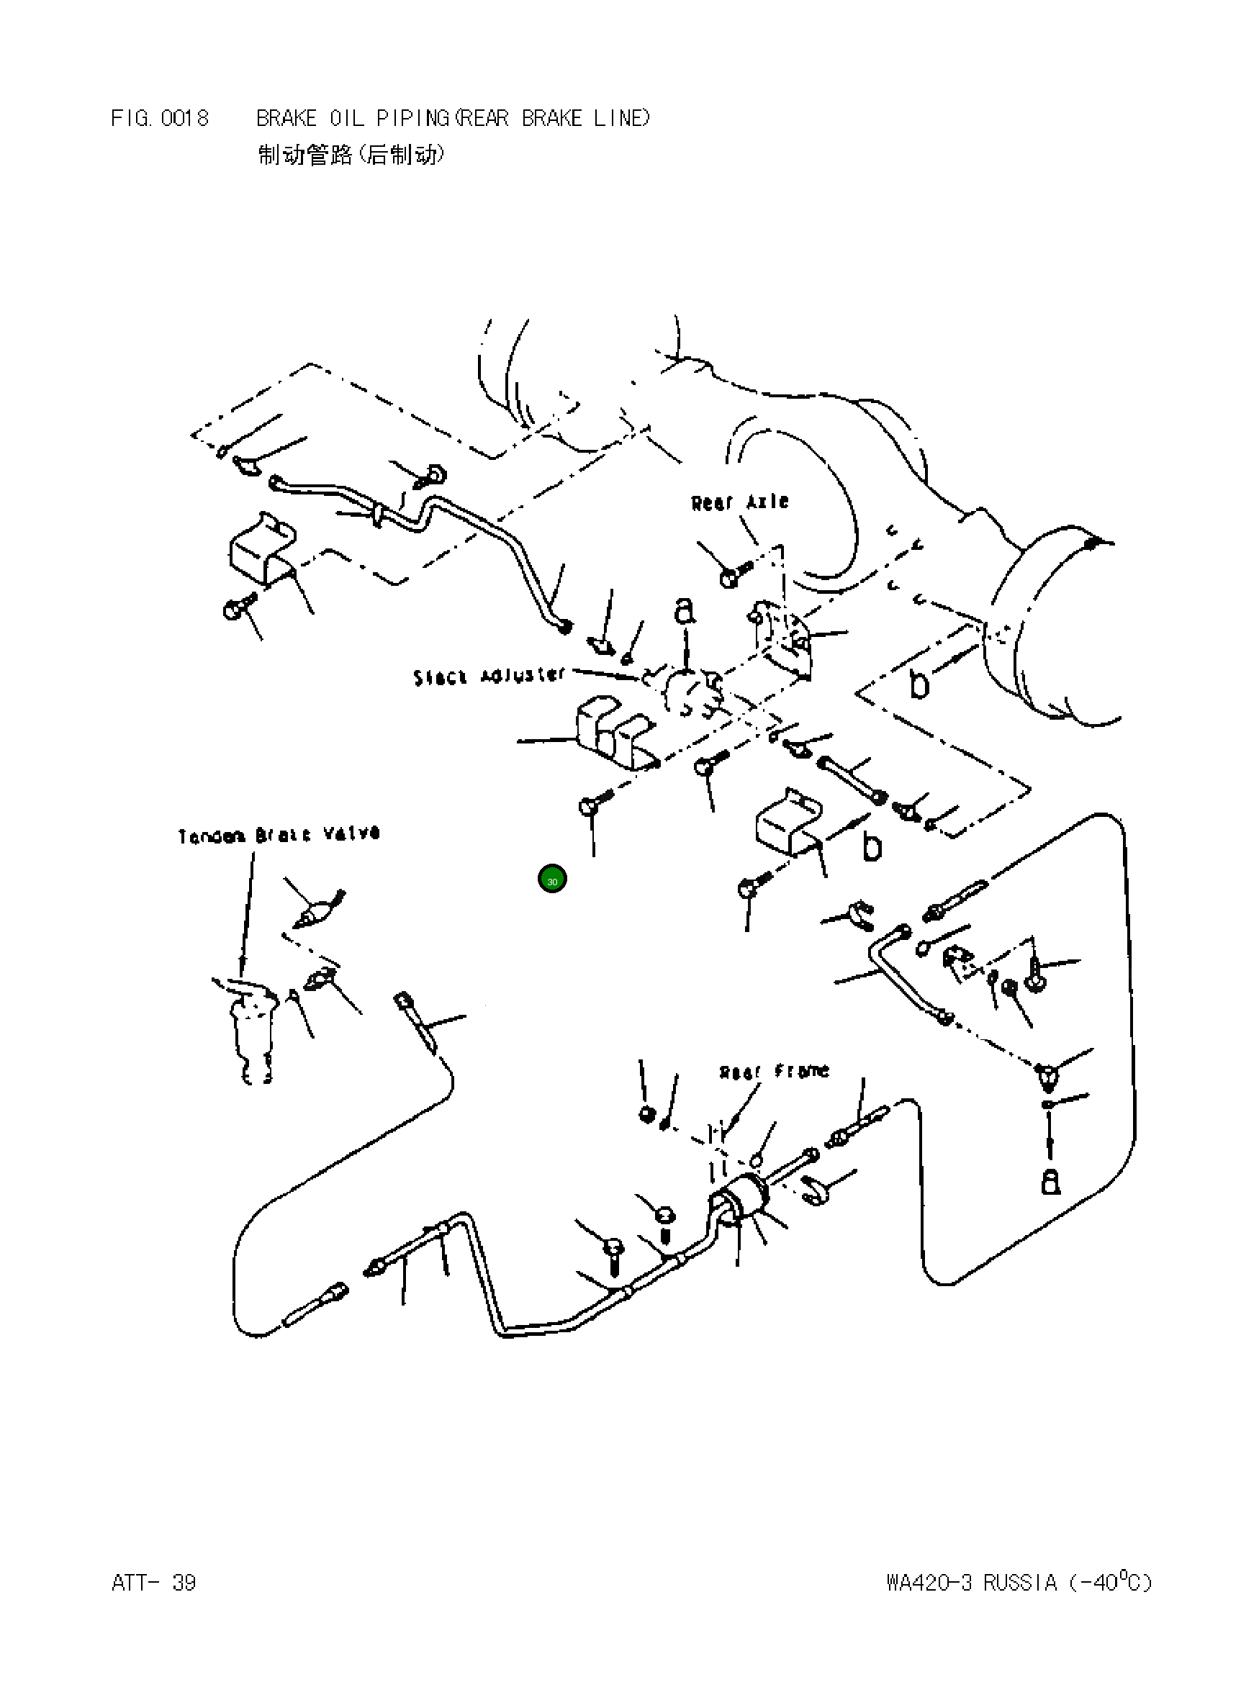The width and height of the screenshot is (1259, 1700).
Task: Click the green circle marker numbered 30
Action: click(x=553, y=880)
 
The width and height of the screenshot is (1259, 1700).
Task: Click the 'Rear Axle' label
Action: click(x=739, y=502)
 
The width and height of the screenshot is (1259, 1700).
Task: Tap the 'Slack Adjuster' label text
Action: click(x=489, y=676)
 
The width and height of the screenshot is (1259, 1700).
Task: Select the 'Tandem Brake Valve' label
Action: click(x=279, y=834)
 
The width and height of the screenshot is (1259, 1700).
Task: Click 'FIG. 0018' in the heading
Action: click(x=160, y=118)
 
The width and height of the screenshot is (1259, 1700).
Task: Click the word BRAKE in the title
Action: click(x=286, y=118)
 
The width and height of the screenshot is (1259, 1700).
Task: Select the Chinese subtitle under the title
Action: click(x=351, y=155)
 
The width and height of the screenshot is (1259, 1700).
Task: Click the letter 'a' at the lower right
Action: click(x=1050, y=1181)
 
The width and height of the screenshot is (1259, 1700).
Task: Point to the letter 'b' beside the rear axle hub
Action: click(x=920, y=685)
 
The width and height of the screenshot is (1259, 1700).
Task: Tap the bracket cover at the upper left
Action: click(x=261, y=548)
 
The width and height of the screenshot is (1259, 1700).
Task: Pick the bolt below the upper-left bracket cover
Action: click(x=235, y=609)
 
